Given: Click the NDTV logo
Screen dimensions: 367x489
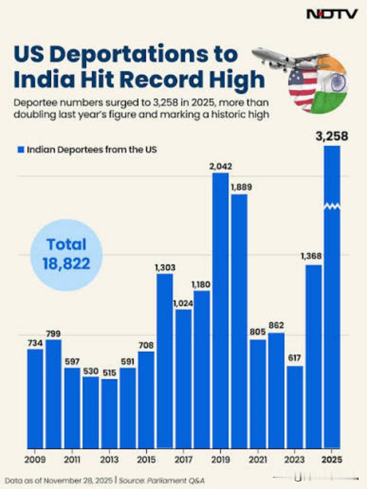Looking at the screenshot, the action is (332, 14).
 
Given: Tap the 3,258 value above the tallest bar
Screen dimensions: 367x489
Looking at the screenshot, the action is (332, 136).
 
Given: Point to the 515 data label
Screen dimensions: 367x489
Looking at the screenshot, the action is (110, 373).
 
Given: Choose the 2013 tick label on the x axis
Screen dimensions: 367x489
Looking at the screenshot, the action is (109, 460).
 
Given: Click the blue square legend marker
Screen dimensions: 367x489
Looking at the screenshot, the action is (21, 150).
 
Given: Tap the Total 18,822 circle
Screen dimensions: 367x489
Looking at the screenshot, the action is (66, 255).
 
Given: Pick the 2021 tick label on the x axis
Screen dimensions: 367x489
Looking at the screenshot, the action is (258, 460).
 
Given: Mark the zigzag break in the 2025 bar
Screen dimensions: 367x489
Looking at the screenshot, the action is (332, 206).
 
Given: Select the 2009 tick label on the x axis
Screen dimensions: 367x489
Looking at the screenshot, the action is (35, 460).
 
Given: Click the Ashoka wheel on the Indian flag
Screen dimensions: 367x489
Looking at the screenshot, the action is (338, 82).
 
